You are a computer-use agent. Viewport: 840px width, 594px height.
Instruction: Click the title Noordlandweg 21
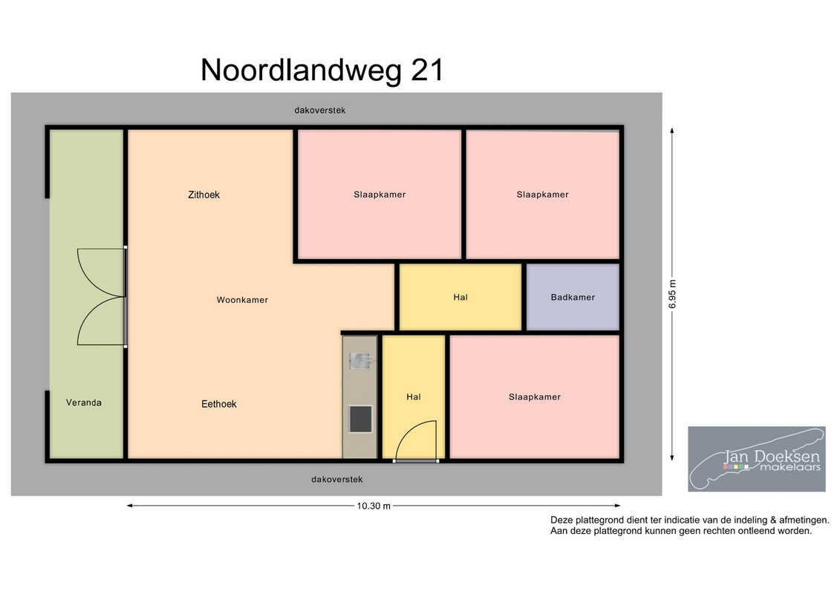click(322, 70)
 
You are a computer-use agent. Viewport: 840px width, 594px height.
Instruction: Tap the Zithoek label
click(204, 195)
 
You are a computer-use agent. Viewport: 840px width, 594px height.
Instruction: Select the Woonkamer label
click(242, 300)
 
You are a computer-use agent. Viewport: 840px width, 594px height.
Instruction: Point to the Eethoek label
click(218, 404)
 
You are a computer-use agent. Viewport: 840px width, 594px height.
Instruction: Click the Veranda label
click(84, 402)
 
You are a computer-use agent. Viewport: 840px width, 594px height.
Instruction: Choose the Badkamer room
click(573, 297)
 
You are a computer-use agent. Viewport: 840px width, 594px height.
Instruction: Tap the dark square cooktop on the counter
click(360, 420)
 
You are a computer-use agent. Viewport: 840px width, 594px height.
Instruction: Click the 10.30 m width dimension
click(374, 506)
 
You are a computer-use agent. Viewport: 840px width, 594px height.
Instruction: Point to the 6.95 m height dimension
click(672, 294)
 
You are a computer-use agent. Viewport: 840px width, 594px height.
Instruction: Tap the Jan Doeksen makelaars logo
click(756, 459)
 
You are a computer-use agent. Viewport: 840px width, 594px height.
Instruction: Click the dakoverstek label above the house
click(320, 111)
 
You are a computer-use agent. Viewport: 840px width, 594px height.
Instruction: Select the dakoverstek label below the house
click(337, 480)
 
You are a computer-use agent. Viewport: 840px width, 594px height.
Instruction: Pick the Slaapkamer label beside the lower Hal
click(535, 397)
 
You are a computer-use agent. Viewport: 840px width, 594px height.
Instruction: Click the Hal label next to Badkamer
click(460, 297)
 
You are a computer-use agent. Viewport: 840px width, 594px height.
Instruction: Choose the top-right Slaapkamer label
click(542, 195)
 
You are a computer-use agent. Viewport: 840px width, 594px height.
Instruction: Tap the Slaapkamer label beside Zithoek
click(380, 195)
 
